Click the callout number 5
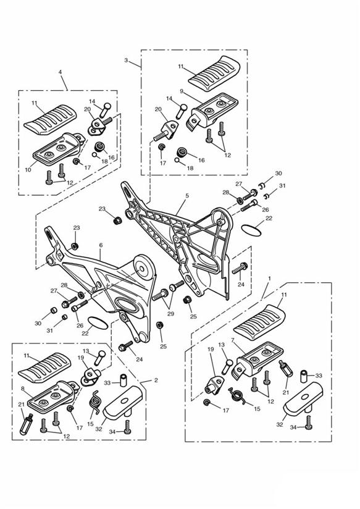[187, 196]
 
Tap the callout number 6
[101, 245]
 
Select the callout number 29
[170, 314]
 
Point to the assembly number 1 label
[269, 279]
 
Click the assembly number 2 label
[156, 380]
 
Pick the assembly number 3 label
[126, 60]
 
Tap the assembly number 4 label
[60, 72]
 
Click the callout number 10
[28, 170]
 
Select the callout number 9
[182, 91]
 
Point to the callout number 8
[22, 389]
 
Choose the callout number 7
[232, 340]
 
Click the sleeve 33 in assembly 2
[123, 380]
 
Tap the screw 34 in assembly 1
[309, 423]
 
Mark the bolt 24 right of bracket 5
[240, 268]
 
